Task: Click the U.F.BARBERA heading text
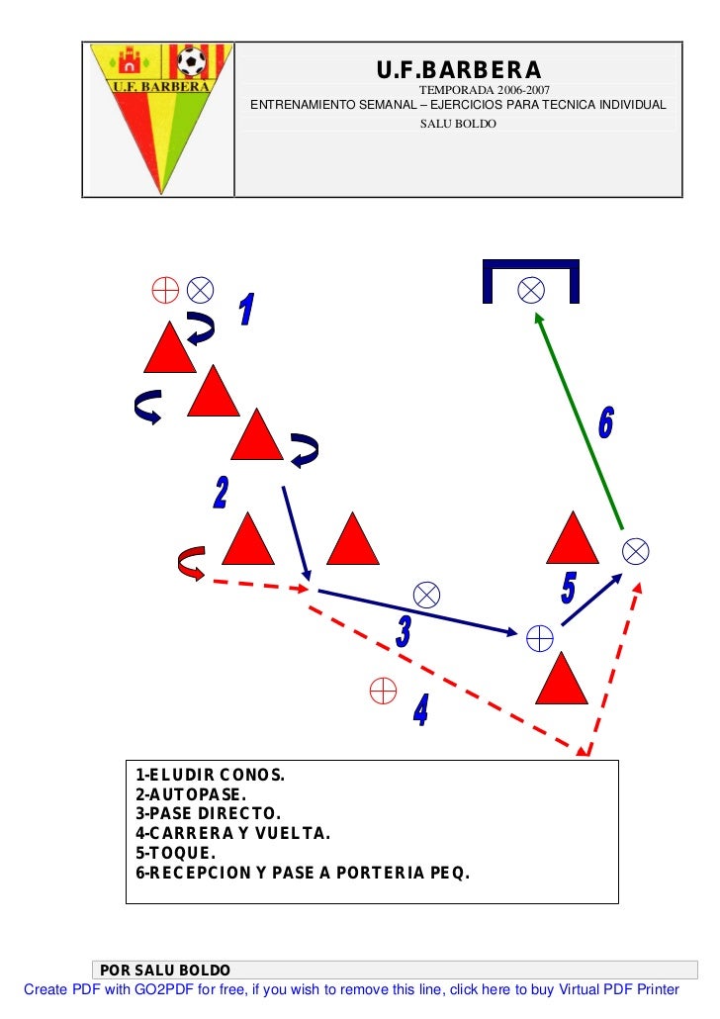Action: tap(459, 71)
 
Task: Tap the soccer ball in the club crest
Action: tap(191, 63)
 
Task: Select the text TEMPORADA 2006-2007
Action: tap(459, 90)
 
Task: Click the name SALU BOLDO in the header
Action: tap(458, 124)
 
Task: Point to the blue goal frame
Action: tap(530, 266)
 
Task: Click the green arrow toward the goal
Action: tap(579, 420)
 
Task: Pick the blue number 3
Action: tap(404, 632)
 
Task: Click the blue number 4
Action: tap(421, 709)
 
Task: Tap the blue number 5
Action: tap(568, 588)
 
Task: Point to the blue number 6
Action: tap(605, 423)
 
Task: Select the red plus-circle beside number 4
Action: tap(382, 690)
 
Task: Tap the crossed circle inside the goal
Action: tap(531, 289)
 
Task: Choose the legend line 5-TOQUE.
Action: tap(175, 853)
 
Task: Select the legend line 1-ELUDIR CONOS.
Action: tap(210, 774)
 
